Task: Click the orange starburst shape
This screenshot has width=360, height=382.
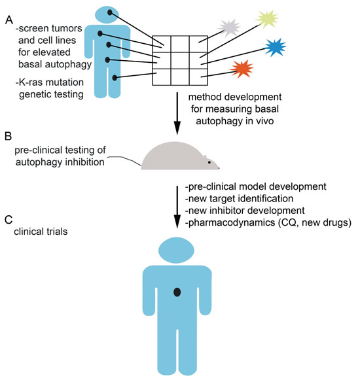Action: tap(242, 69)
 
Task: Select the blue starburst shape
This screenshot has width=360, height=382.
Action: tap(275, 48)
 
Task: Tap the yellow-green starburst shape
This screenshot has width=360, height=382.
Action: tap(266, 19)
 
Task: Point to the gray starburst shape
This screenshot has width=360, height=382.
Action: tap(229, 27)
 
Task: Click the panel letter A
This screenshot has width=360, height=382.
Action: tap(9, 20)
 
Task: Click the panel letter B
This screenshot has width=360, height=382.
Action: tap(8, 137)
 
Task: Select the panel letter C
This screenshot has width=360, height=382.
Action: tap(9, 220)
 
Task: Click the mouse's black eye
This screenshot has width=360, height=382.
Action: tap(209, 162)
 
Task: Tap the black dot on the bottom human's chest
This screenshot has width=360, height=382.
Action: tap(177, 292)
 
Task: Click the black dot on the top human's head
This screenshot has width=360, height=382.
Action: tap(110, 12)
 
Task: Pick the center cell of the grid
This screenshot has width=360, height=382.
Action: tap(180, 60)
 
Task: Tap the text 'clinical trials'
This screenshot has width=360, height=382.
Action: tap(41, 232)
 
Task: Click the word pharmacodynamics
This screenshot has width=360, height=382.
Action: tap(230, 223)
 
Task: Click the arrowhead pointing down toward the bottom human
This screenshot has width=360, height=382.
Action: tap(177, 222)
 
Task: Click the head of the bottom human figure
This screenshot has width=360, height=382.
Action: tap(177, 251)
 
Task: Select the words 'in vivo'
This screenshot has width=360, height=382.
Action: tap(260, 121)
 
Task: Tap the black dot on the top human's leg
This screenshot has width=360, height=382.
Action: tap(115, 78)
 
